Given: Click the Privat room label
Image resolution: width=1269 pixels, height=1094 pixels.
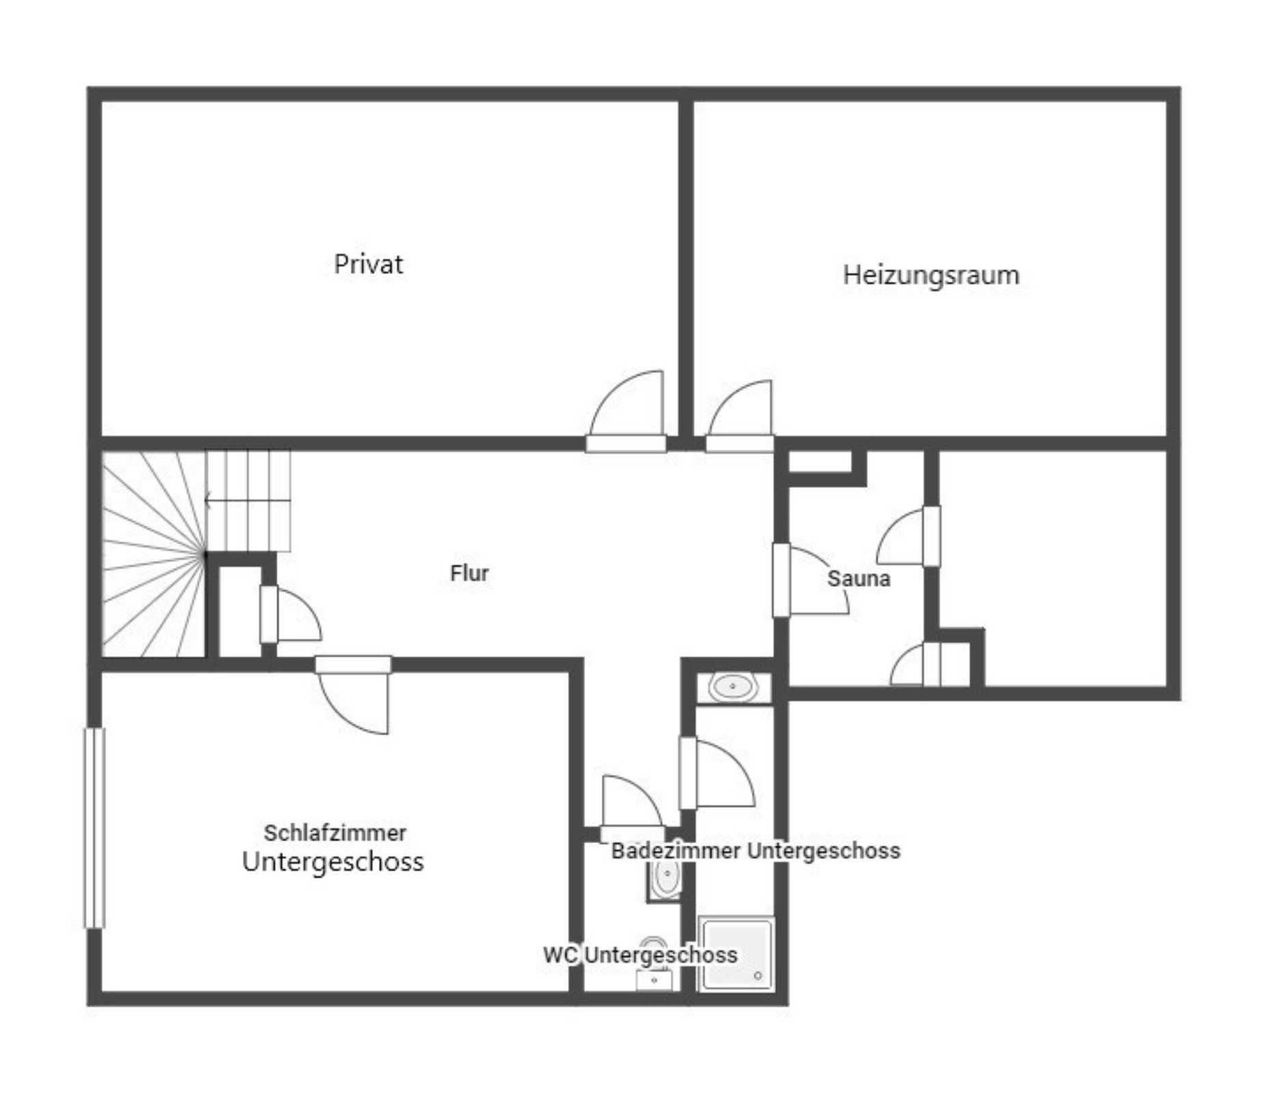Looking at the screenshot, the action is pos(368,265).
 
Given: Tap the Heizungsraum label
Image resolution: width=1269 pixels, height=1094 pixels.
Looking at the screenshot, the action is pos(931,276).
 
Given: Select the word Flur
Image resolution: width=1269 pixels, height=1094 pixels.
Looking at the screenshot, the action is pos(469,573).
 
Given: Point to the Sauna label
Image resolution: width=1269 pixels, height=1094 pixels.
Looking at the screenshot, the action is pos(859,578).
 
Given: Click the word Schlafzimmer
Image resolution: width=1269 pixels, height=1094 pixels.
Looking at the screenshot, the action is pos(335,833).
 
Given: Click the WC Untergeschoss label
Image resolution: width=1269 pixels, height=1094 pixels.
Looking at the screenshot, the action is pos(640,955).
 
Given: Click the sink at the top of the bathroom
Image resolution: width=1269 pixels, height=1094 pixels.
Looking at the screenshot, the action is pos(733,686).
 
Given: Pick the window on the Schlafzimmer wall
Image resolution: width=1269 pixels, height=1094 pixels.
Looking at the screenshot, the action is pos(94,828).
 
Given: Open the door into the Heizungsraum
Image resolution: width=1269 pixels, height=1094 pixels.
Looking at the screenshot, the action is pos(739,416).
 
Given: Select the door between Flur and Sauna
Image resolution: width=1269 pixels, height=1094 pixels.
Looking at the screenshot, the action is pos(811,580).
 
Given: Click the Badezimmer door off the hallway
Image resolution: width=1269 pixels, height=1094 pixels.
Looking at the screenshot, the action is pos(717,773).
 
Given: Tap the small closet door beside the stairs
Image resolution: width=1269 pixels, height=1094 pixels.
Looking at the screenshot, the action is pos(291,614).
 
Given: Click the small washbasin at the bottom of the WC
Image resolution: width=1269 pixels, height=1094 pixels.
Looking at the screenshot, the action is pos(654,980).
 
